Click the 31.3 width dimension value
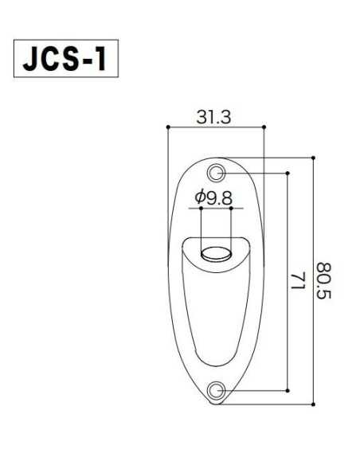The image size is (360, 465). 213,116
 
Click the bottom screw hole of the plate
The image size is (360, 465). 216,389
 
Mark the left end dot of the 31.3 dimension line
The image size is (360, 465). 168,127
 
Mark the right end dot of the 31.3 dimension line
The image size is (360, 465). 264,127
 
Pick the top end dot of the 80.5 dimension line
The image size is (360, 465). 314,158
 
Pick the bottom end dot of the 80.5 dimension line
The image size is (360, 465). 314,404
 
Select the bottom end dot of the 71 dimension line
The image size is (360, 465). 288,389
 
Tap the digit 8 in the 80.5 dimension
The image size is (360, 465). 323,267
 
